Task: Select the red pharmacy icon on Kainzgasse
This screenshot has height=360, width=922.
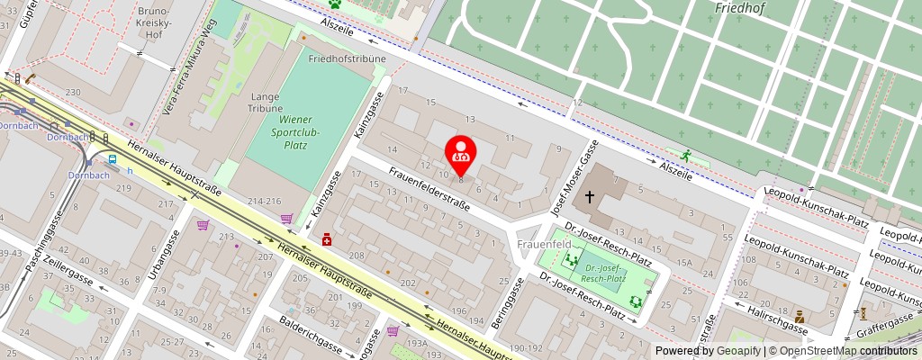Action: [327, 240]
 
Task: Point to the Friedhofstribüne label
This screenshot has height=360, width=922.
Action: [347, 59]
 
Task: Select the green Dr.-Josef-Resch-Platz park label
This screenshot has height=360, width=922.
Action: [603, 274]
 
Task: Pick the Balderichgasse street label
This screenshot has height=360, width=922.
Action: [310, 333]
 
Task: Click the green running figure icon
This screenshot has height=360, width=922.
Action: [686, 155]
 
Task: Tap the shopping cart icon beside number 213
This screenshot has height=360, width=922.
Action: [204, 225]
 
